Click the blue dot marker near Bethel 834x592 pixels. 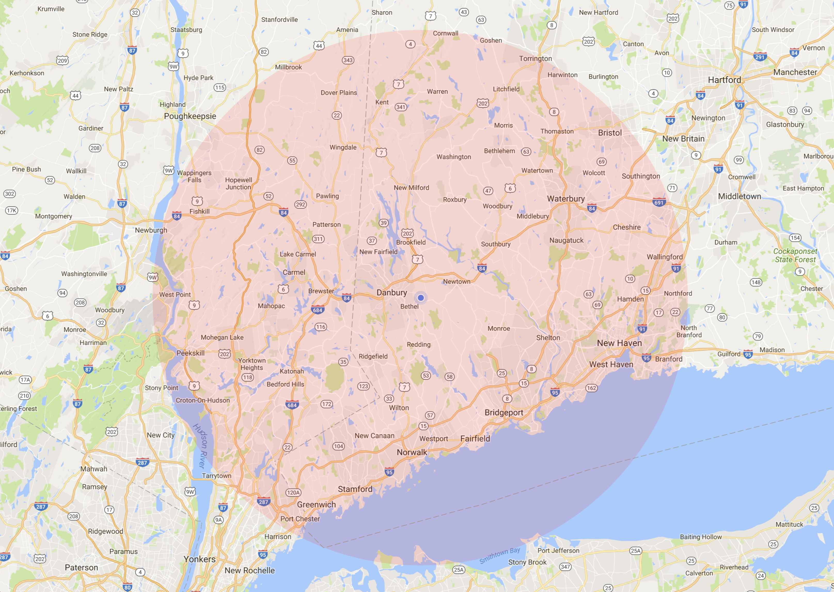pos(421,298)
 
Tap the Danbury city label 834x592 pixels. pos(392,293)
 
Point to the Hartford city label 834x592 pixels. pos(724,80)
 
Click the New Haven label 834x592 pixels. pos(619,343)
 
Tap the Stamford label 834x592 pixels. pos(355,489)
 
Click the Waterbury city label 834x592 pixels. pos(566,199)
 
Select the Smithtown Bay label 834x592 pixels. pos(500,556)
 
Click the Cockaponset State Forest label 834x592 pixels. pos(795,255)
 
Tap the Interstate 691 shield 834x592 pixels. pos(659,203)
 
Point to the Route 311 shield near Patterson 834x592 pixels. pos(318,239)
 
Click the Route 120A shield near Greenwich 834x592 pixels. pos(293,493)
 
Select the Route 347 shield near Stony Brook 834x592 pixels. pos(565,567)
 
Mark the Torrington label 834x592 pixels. pos(535,59)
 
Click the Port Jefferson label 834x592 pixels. pos(558,550)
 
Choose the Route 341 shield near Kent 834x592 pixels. pos(400,107)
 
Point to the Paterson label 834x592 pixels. pos(81,567)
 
